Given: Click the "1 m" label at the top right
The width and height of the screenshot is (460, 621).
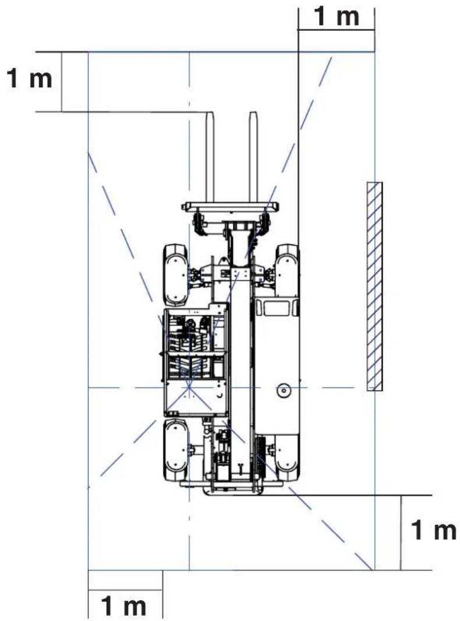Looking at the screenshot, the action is click(337, 16).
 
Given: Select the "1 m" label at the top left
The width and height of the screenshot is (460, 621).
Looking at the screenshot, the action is click(30, 79).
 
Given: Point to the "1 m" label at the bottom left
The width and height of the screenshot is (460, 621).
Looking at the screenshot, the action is click(123, 606).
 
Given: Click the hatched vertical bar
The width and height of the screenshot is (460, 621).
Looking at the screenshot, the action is click(374, 286).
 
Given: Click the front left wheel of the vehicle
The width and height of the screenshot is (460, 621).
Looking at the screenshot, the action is click(175, 275).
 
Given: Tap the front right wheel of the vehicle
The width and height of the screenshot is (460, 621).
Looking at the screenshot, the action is click(287, 271).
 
